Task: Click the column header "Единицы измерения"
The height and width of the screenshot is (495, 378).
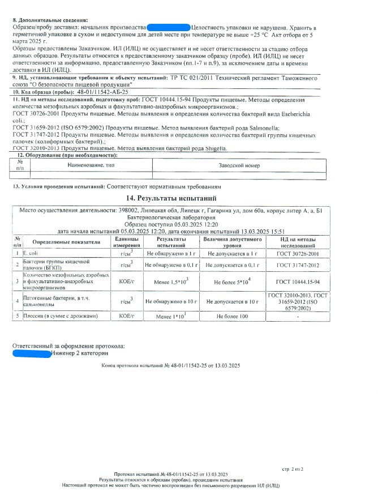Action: point(123,242)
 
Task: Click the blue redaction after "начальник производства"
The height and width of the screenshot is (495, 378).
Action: point(168,27)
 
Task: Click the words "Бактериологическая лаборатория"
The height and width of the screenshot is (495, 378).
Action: point(170,217)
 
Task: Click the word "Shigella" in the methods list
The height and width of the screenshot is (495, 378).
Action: point(215,148)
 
